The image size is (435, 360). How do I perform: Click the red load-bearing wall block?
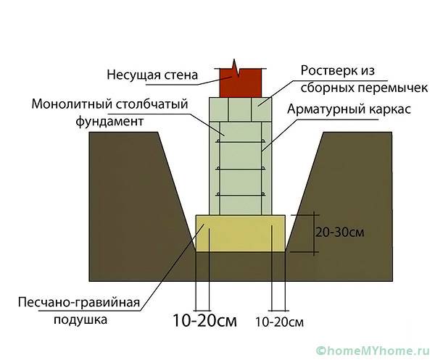241,83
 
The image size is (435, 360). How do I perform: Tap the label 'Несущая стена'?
152,75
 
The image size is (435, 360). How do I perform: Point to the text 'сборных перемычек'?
364,88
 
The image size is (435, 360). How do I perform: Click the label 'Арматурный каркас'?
349,109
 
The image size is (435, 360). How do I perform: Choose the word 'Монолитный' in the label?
71,104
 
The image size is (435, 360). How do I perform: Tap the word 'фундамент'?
109,122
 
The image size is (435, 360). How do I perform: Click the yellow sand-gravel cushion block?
241,233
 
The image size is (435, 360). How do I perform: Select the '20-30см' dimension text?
339,233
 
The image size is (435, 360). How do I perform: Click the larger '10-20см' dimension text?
204,321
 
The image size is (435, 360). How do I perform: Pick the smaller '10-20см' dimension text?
279,322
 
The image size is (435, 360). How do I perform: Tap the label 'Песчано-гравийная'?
79,303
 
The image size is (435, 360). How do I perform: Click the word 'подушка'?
80,320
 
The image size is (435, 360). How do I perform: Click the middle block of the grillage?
240,109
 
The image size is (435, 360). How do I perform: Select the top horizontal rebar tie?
241,142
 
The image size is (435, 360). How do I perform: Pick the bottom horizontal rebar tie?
241,195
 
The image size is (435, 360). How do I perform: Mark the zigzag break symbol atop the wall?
235,68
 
